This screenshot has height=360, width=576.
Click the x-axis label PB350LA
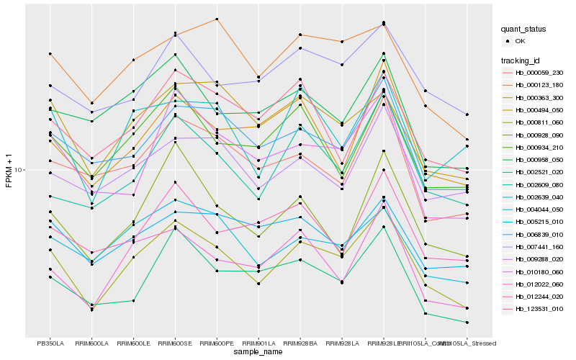tap(50, 343)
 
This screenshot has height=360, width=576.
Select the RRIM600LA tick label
tap(91, 343)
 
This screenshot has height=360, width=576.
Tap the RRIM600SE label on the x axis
tap(175, 343)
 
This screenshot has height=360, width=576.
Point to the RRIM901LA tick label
tap(258, 343)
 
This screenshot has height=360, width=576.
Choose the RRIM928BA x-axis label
tap(300, 343)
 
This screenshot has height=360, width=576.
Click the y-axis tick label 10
tap(20, 171)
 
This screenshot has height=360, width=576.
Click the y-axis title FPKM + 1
tap(9, 171)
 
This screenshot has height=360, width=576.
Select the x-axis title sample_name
tap(258, 352)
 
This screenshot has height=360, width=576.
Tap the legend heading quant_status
tap(523, 30)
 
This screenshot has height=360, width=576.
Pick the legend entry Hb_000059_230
tap(538, 73)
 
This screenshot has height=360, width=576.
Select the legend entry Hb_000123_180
tap(538, 85)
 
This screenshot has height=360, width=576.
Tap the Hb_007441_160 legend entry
tap(538, 246)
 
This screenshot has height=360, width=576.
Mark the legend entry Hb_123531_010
tap(538, 308)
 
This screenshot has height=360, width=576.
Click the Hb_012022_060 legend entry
tap(538, 284)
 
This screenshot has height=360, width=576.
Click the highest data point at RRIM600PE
tap(217, 19)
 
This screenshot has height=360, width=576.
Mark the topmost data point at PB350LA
tap(50, 53)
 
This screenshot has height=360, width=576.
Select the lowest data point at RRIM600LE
tap(133, 300)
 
